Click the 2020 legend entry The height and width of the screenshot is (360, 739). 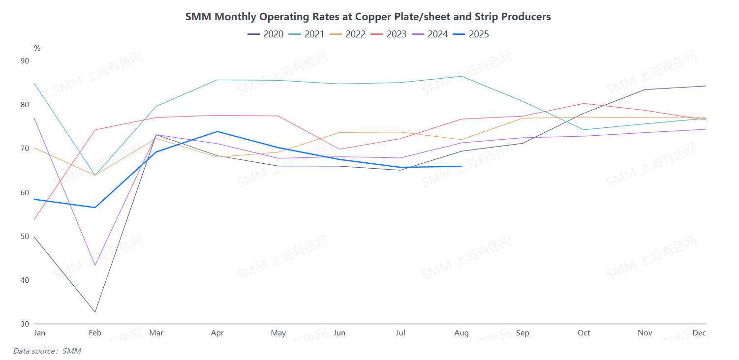pyautogui.click(x=265, y=34)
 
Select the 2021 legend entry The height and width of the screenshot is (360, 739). pyautogui.click(x=306, y=34)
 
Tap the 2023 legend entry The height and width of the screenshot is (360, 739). pyautogui.click(x=389, y=34)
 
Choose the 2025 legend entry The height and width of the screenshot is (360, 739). pyautogui.click(x=471, y=34)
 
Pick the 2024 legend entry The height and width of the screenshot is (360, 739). pyautogui.click(x=430, y=34)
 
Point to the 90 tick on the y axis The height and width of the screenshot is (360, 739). pyautogui.click(x=38, y=61)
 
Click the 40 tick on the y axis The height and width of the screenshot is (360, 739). pyautogui.click(x=38, y=280)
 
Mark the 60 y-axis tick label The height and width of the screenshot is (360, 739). pyautogui.click(x=38, y=192)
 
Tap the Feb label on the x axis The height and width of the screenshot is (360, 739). pyautogui.click(x=95, y=333)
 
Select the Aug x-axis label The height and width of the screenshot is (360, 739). pyautogui.click(x=462, y=333)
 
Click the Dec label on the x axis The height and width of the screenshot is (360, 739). pyautogui.click(x=700, y=333)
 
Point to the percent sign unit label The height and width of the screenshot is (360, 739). pyautogui.click(x=37, y=48)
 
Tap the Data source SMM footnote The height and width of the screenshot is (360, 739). pyautogui.click(x=47, y=351)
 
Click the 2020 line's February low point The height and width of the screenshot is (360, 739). pyautogui.click(x=95, y=312)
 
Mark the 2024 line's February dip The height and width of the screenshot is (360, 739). pyautogui.click(x=95, y=265)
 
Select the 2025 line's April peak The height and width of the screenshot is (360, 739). pyautogui.click(x=217, y=131)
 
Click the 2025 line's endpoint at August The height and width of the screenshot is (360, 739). pyautogui.click(x=461, y=166)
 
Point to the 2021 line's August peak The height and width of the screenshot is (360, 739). pyautogui.click(x=461, y=76)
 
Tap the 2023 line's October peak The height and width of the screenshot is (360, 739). pyautogui.click(x=584, y=103)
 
